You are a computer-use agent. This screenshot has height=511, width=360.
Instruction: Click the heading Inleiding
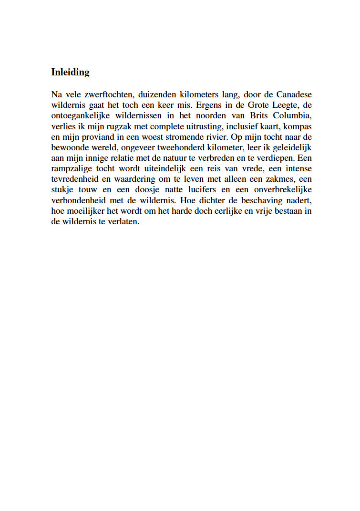click(70, 73)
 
